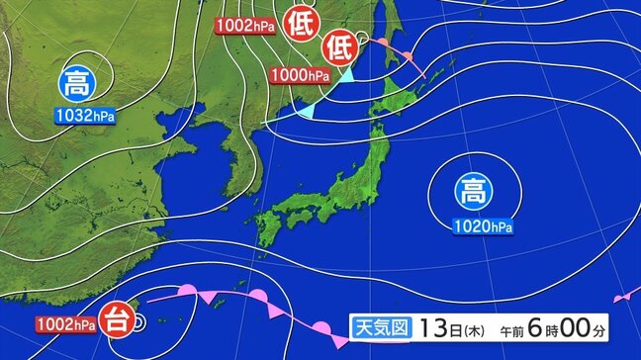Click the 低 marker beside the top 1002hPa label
[298, 24]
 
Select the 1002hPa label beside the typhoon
[66, 323]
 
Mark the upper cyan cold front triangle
[348, 74]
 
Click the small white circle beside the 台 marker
[139, 321]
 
